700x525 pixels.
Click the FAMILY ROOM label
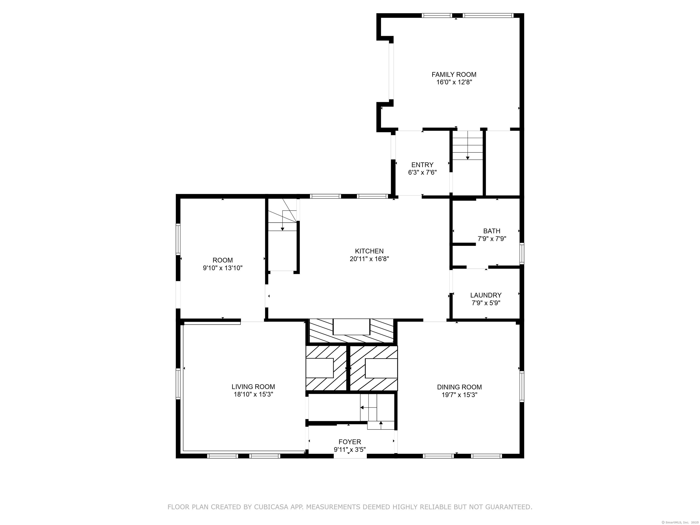(454, 75)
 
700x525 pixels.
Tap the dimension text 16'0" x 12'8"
(454, 82)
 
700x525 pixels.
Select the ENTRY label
(422, 165)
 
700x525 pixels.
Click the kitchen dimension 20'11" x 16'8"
(369, 259)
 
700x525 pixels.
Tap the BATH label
(492, 231)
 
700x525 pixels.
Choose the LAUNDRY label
(486, 295)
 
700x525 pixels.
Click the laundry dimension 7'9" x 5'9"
(486, 303)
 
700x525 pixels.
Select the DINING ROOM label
(460, 387)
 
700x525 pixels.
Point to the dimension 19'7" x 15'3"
(460, 395)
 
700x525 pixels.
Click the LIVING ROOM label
(253, 387)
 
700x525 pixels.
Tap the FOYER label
(350, 442)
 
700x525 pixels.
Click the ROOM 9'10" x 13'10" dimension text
(223, 268)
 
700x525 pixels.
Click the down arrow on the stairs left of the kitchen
(283, 225)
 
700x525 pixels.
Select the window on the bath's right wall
(522, 253)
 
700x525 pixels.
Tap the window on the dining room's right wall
(522, 386)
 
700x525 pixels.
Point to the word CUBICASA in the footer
(271, 507)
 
